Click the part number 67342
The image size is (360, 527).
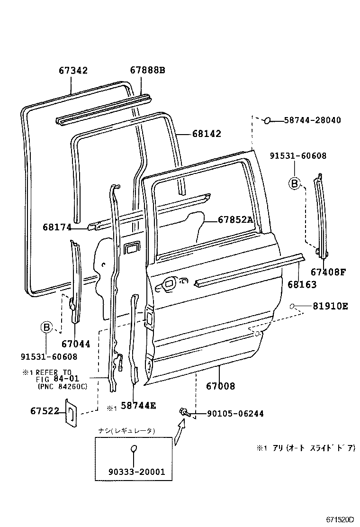click(73, 71)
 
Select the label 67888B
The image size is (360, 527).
click(147, 71)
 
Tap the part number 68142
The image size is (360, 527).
click(207, 134)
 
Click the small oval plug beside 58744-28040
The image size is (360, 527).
click(267, 121)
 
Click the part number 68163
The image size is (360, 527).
click(302, 285)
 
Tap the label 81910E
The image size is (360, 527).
click(330, 306)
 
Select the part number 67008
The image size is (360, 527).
click(220, 386)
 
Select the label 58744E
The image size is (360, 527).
click(138, 406)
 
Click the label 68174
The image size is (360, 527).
click(56, 227)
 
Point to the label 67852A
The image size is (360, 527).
click(236, 219)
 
